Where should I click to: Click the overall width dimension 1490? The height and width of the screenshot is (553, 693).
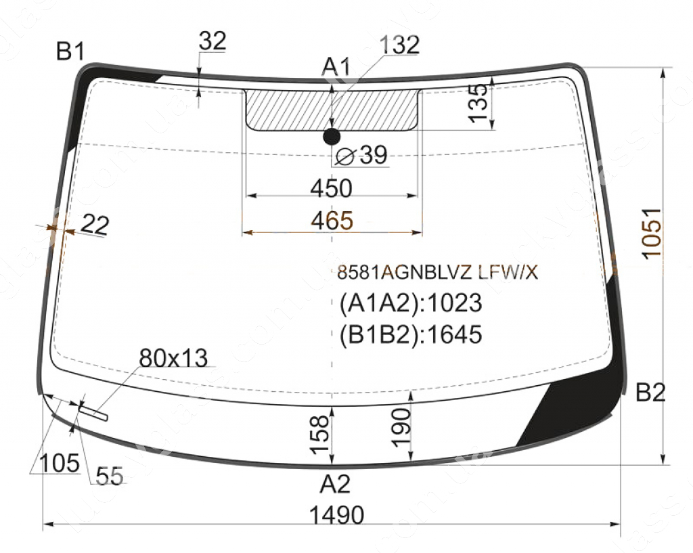tap(337, 515)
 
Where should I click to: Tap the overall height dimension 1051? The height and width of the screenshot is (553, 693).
tap(652, 234)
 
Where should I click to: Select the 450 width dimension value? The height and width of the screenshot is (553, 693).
tap(331, 188)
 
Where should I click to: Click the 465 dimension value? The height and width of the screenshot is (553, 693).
tap(332, 220)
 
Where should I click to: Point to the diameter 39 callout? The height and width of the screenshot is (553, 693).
tap(361, 155)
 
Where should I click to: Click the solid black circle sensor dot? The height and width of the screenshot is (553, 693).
tap(332, 137)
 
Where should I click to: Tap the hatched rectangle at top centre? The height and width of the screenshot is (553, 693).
tap(332, 110)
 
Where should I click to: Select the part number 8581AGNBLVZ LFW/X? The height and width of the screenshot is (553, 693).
tap(438, 273)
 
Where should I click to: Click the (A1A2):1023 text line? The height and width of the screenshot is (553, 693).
tap(411, 303)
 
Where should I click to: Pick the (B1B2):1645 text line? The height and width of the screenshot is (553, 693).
tap(411, 334)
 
